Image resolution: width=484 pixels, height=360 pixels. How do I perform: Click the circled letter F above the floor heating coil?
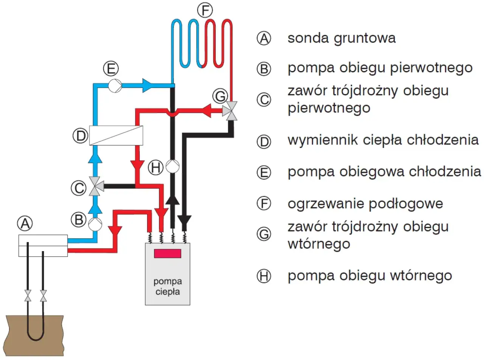coord(205,11)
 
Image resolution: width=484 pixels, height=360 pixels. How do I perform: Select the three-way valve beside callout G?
coord(231,111)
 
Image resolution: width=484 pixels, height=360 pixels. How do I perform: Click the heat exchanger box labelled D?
coord(116,135)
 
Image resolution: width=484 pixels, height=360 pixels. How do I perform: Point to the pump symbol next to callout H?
coord(173,166)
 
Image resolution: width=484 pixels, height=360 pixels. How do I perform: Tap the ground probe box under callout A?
coord(43,246)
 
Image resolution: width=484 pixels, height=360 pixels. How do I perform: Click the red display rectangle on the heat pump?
coord(168,253)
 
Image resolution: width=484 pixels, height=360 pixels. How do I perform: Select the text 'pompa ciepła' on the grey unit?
coord(168,287)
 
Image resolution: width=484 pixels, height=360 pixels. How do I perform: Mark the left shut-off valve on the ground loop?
coord(28,295)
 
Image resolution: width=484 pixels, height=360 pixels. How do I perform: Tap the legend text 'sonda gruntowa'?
coord(341,38)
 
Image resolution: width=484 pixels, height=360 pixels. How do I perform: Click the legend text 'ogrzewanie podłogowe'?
coord(365,204)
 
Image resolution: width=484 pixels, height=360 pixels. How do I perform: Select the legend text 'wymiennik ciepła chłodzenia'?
coord(383,140)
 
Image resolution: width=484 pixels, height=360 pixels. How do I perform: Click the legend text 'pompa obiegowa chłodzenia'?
coord(384,172)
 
